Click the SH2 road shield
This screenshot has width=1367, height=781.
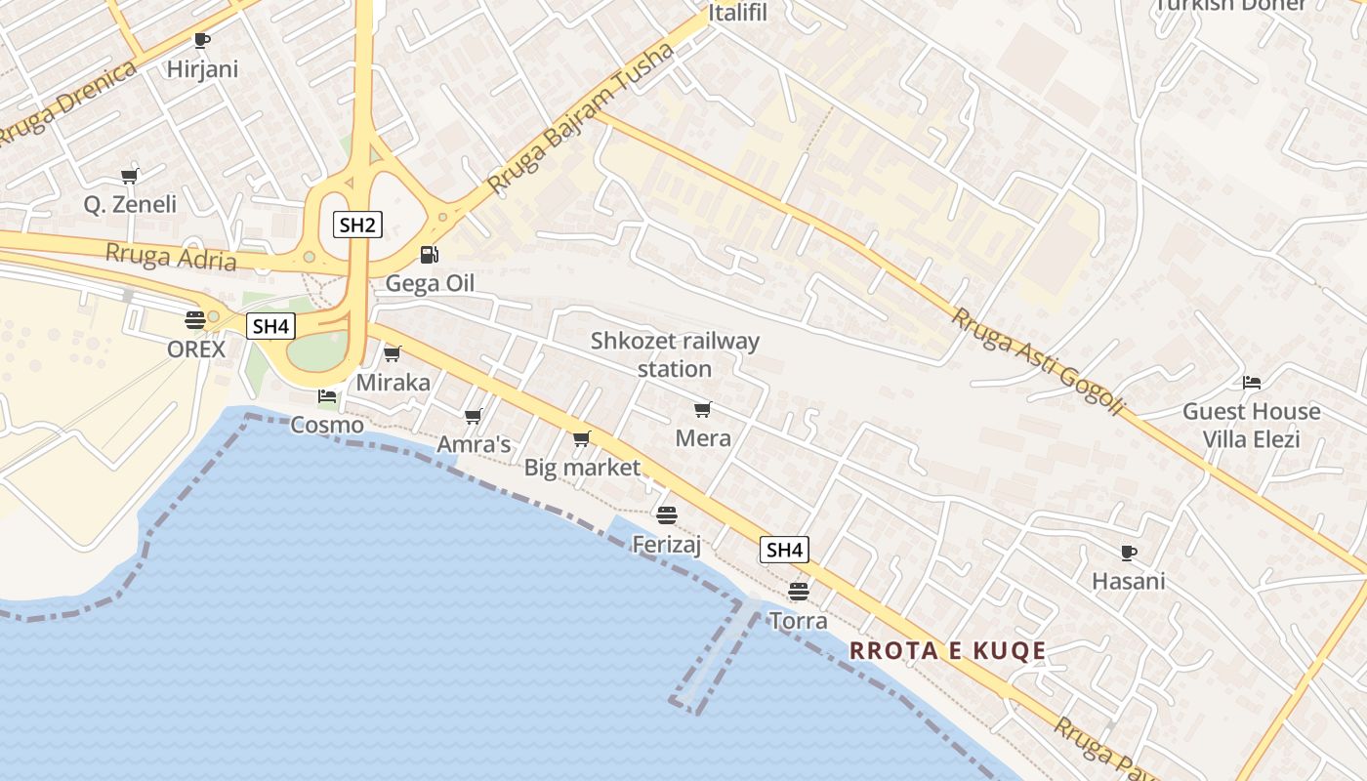[357, 225]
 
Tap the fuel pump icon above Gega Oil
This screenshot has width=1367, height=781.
[429, 255]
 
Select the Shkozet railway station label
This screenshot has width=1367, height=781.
[675, 354]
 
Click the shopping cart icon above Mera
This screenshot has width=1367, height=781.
[702, 409]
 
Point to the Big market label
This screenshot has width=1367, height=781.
[582, 468]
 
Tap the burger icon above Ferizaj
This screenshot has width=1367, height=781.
[667, 514]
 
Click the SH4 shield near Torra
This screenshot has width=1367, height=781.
[784, 550]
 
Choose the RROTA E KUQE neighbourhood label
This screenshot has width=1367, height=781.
[947, 651]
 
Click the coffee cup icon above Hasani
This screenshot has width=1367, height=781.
[1129, 553]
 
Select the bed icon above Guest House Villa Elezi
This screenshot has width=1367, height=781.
[1252, 382]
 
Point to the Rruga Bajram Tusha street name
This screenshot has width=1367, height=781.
[580, 117]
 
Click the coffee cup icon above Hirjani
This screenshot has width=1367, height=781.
[202, 40]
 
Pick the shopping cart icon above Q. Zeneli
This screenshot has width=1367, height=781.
[129, 176]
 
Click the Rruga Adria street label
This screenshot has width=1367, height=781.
[171, 257]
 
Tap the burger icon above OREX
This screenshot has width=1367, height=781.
[195, 319]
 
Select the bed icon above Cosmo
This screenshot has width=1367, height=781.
[327, 396]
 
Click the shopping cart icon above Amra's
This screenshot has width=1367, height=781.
[474, 417]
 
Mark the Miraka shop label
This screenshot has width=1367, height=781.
[393, 383]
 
